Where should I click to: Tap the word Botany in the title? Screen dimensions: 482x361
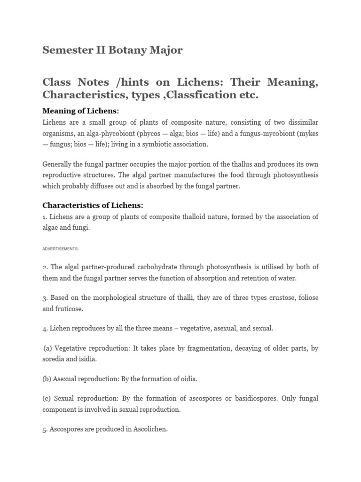coord(125,50)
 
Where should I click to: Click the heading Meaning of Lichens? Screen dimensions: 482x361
coord(81,111)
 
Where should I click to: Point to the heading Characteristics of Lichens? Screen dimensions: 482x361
coord(93,205)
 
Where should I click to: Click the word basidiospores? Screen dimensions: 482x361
coord(255,399)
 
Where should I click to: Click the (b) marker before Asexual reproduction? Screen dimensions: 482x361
coord(47,379)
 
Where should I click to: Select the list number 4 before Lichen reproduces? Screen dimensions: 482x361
coord(45,328)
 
